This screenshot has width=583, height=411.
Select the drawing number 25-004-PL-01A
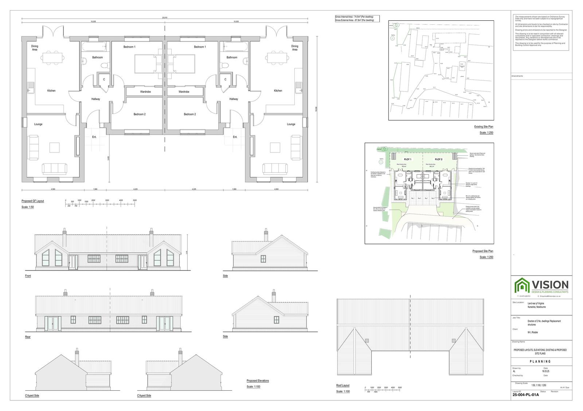point(525,395)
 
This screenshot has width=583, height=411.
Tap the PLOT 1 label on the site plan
point(407,159)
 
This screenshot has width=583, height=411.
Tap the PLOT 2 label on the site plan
point(438,159)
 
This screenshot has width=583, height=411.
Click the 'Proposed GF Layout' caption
point(33,201)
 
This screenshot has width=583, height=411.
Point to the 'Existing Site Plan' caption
point(484,127)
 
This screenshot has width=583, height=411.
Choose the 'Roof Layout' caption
point(343,385)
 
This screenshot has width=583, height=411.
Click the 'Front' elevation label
point(28,276)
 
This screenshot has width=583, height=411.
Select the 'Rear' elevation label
point(28,337)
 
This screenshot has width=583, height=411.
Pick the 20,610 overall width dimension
point(165,17)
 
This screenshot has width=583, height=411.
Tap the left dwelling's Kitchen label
point(51,91)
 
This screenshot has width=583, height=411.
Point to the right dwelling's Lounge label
point(291,124)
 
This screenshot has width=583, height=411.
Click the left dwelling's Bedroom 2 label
point(140,114)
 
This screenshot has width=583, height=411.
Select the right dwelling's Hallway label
point(234,99)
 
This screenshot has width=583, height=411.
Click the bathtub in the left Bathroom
point(95,46)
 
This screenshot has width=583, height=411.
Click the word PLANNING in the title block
point(540,361)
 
